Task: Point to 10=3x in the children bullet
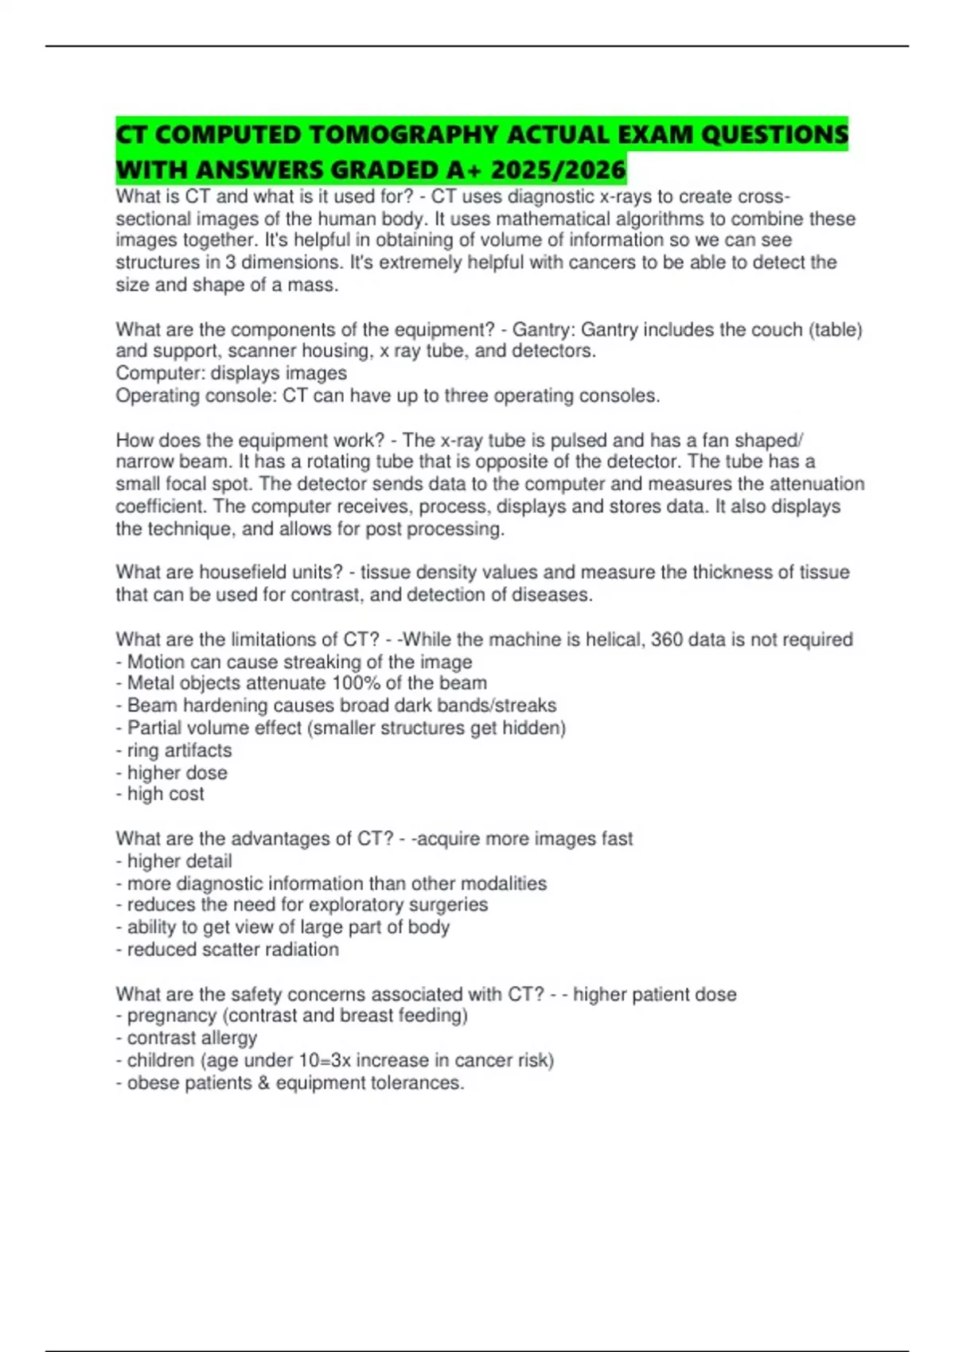tap(319, 1060)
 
